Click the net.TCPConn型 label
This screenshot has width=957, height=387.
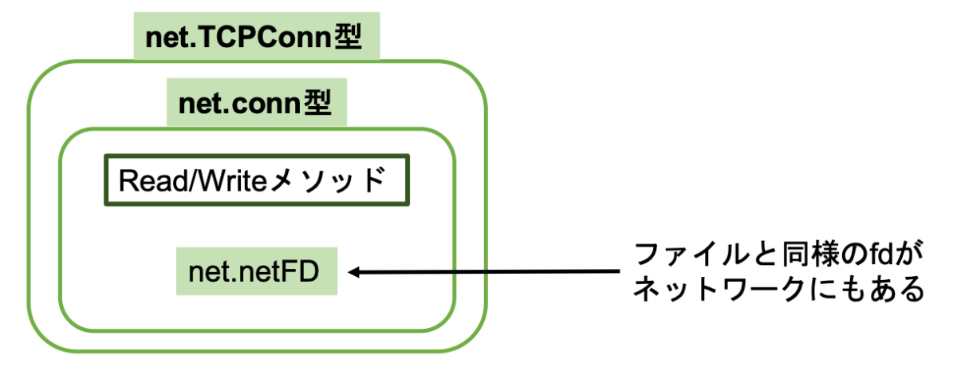(x=256, y=38)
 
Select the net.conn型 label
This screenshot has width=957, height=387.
(x=256, y=104)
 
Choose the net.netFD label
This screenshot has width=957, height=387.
(x=256, y=272)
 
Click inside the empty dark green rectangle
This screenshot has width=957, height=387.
(x=257, y=180)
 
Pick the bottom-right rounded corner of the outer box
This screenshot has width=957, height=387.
(x=473, y=338)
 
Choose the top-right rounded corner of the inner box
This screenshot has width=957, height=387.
(x=445, y=138)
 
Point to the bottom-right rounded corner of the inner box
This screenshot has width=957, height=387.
(x=445, y=319)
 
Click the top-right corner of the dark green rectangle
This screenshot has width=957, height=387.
(x=408, y=156)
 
